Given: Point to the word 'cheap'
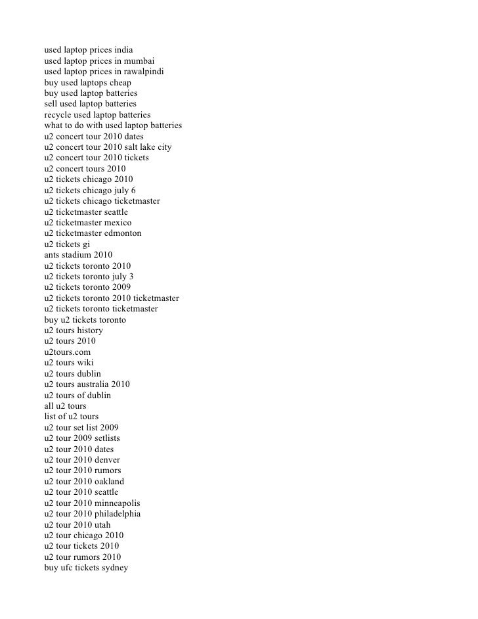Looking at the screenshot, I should click(118, 82).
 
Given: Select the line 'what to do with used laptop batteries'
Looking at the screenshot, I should click(113, 126).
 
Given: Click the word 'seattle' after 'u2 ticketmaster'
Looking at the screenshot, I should click(114, 212).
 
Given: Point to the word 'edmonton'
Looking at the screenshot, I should click(122, 233).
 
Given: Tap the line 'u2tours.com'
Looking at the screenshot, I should click(68, 352).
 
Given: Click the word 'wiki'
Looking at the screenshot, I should click(93, 363).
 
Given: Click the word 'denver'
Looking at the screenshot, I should click(106, 460).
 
